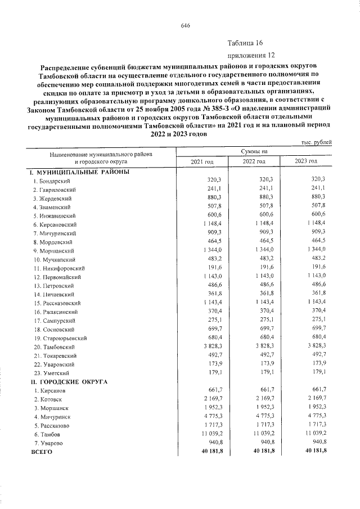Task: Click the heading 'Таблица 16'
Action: (245, 43)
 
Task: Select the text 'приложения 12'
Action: (251, 56)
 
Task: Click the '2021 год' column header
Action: (202, 161)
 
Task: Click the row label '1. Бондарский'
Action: (52, 181)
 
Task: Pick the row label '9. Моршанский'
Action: (54, 250)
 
